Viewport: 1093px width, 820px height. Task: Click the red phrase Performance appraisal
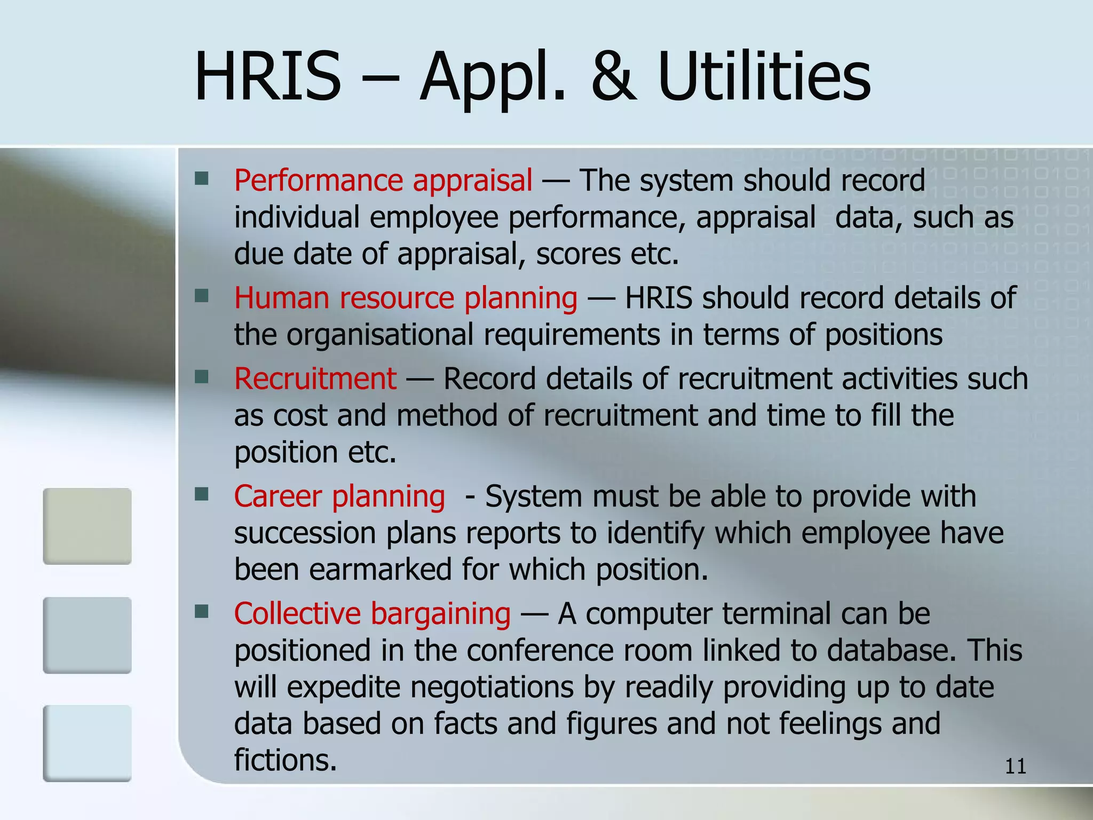(x=383, y=180)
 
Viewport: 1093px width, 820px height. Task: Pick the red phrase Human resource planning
(x=406, y=298)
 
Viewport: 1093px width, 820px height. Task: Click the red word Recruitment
(x=315, y=379)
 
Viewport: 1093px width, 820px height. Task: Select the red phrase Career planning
(x=339, y=496)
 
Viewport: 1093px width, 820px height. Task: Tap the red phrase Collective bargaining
(x=372, y=614)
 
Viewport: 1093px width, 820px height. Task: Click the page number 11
(x=1015, y=767)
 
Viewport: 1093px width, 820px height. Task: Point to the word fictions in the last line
(x=285, y=760)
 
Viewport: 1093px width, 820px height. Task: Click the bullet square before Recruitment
(x=202, y=377)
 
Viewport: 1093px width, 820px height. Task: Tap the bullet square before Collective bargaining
(x=202, y=611)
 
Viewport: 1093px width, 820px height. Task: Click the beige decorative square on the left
(x=87, y=526)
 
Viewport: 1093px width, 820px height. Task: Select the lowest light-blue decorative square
(x=87, y=743)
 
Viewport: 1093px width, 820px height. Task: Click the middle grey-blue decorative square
(x=87, y=635)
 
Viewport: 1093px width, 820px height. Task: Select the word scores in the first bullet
(x=579, y=254)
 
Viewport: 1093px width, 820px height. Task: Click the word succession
(x=305, y=533)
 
